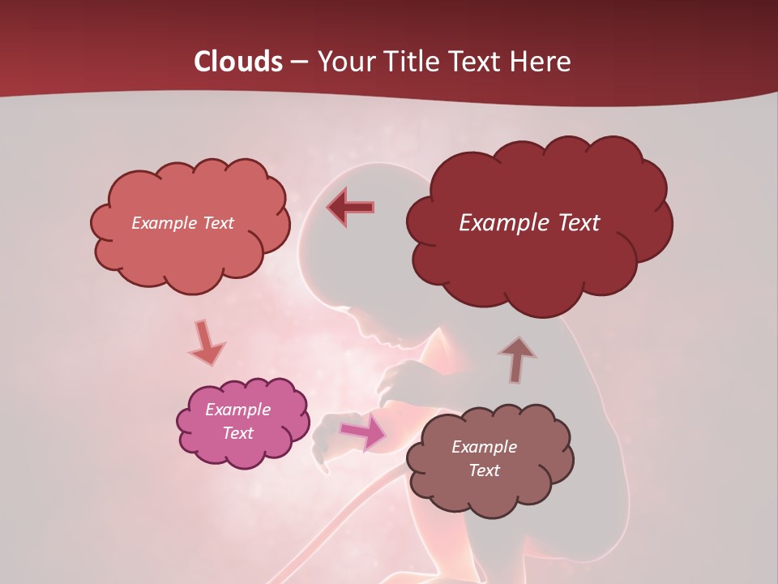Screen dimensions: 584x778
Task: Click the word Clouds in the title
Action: tap(237, 62)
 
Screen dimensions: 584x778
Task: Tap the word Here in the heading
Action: tap(540, 62)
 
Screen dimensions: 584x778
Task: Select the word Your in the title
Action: tap(344, 62)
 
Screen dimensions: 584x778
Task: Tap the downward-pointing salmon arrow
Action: tap(207, 343)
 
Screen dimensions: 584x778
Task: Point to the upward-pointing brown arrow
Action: tap(517, 359)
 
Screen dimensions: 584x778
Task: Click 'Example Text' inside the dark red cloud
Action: tap(529, 223)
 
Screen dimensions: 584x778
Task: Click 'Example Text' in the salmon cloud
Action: tap(182, 223)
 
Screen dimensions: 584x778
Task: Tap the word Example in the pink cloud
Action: tap(237, 410)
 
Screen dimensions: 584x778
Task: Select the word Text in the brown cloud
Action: tap(484, 470)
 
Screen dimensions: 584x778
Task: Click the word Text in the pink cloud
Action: tap(237, 433)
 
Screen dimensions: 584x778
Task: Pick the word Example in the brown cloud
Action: tap(484, 447)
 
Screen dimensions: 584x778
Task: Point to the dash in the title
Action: tap(298, 62)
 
